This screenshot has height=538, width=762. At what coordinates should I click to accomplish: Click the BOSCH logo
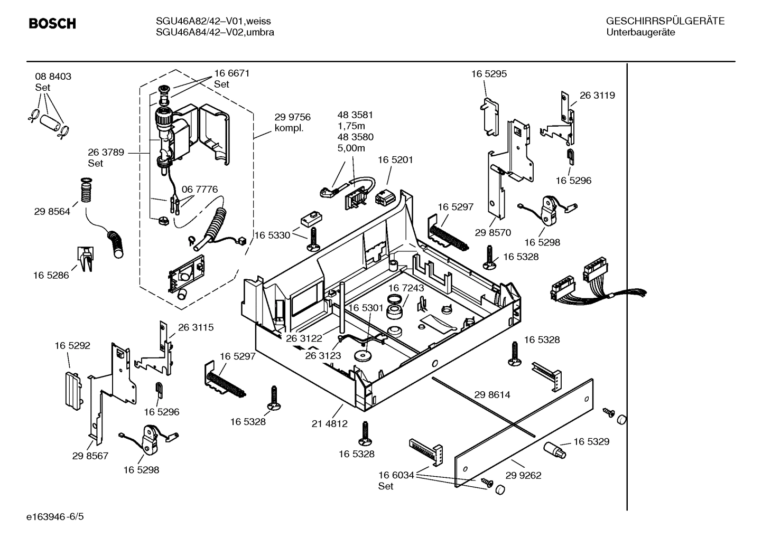[x=52, y=24]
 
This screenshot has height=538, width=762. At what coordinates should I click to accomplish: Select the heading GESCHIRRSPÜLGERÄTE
[x=665, y=21]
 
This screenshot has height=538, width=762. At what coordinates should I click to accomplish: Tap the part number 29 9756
[x=292, y=117]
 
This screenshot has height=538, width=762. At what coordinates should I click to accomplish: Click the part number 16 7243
[x=406, y=288]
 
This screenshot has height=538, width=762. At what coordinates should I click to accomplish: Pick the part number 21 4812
[x=329, y=423]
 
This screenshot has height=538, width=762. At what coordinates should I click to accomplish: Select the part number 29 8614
[x=492, y=394]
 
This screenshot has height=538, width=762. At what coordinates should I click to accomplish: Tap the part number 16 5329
[x=591, y=441]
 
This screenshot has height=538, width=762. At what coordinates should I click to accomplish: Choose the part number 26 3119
[x=597, y=96]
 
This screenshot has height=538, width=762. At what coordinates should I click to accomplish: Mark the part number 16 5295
[x=489, y=74]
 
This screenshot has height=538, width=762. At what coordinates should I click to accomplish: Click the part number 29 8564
[x=52, y=212]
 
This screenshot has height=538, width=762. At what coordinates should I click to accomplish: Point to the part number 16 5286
[x=51, y=275]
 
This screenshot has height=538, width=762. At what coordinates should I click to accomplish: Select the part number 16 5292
[x=72, y=346]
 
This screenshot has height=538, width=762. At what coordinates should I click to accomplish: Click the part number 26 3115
[x=196, y=327]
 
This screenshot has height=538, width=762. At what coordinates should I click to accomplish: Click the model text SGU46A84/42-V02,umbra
[x=215, y=32]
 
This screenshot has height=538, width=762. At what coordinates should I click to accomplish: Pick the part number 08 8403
[x=53, y=77]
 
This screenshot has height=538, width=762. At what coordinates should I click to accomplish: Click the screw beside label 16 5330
[x=313, y=239]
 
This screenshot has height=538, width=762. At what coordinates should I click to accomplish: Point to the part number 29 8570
[x=492, y=232]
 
